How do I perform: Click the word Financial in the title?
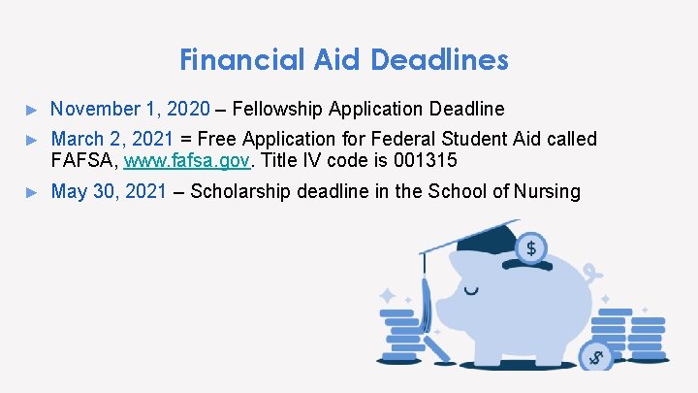(x=242, y=60)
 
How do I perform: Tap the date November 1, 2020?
(x=130, y=108)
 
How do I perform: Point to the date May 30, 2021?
(x=109, y=191)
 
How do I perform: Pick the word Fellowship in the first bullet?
(x=278, y=108)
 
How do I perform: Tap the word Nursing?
(x=546, y=191)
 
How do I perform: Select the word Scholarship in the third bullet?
(x=242, y=191)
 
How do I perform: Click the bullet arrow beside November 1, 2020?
(x=31, y=109)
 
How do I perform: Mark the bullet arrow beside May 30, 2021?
(x=31, y=192)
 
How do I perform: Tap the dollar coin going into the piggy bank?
(x=530, y=248)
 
